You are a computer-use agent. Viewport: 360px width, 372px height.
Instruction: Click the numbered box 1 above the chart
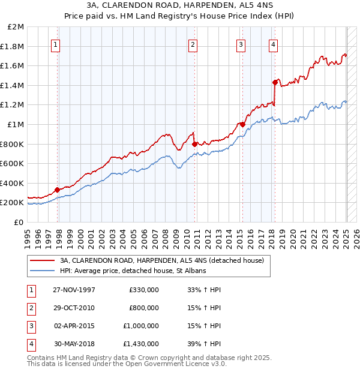click(x=55, y=43)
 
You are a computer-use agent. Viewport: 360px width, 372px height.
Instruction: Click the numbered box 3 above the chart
click(x=241, y=43)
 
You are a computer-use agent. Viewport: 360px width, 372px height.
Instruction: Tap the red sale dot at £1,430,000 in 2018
click(x=275, y=82)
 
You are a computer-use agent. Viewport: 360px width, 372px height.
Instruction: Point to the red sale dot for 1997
click(x=58, y=190)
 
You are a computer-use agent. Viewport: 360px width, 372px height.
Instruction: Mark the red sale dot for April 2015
click(x=242, y=124)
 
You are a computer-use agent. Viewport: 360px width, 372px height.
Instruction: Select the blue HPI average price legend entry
click(x=133, y=271)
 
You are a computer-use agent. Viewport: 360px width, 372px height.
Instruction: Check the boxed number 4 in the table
click(x=31, y=344)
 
